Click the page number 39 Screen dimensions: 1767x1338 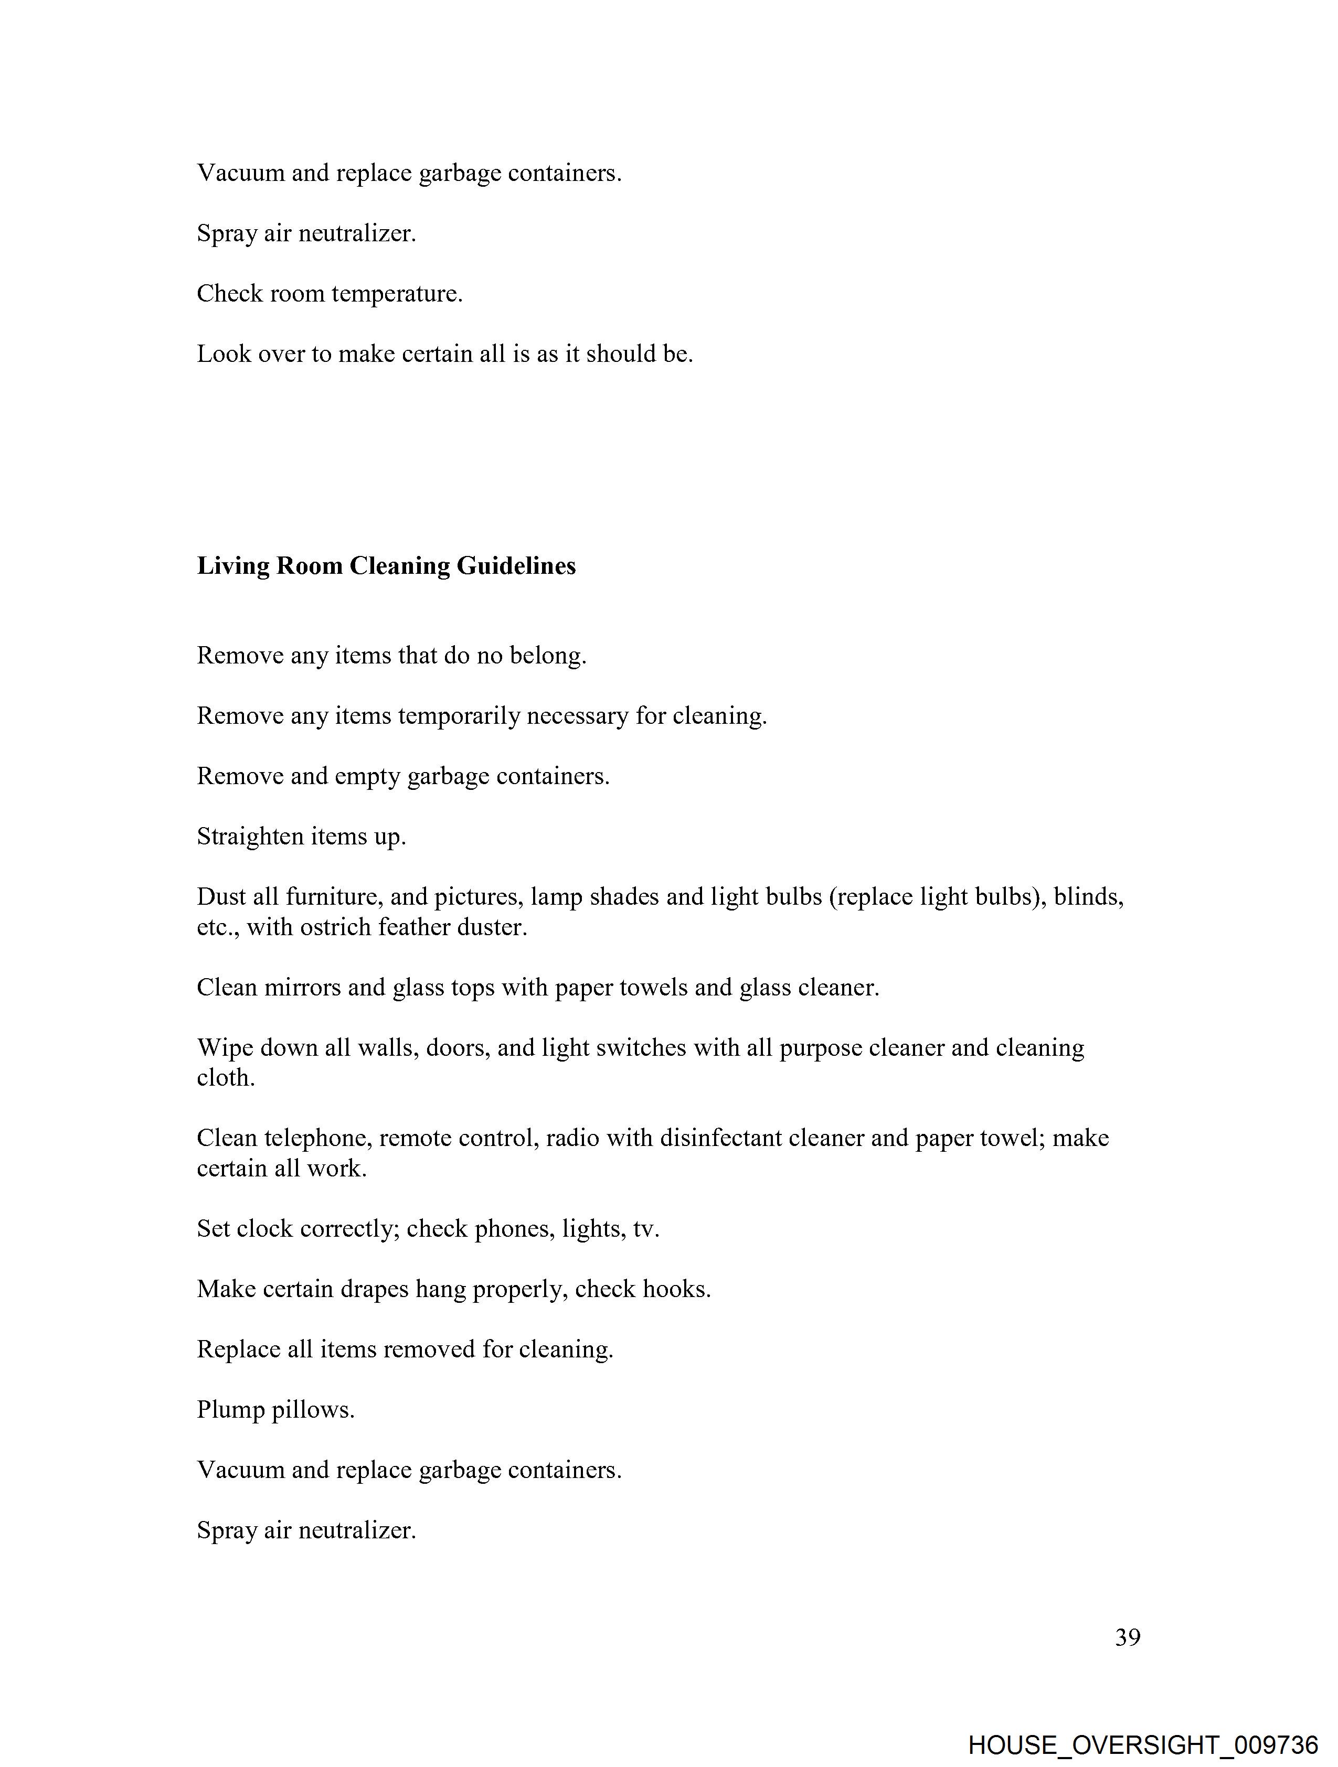pos(1127,1637)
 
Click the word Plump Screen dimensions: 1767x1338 pos(230,1409)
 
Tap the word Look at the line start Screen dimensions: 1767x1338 pos(224,354)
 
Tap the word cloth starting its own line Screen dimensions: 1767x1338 pos(226,1078)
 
